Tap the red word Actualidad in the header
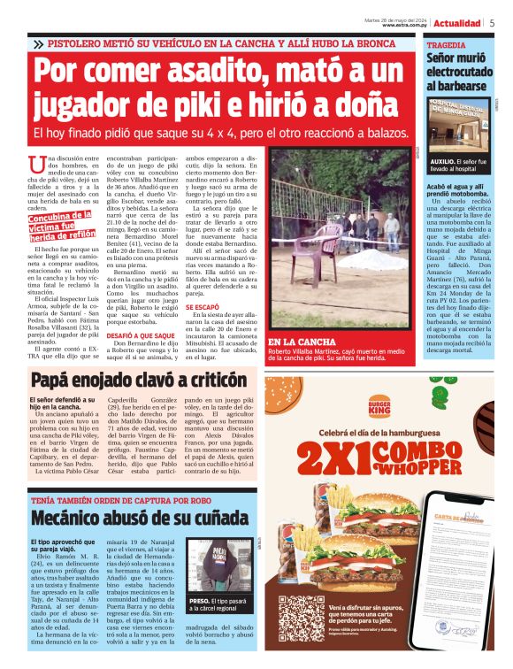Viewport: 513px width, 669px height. tap(459, 23)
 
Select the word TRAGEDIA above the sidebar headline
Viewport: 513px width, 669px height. tap(448, 43)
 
